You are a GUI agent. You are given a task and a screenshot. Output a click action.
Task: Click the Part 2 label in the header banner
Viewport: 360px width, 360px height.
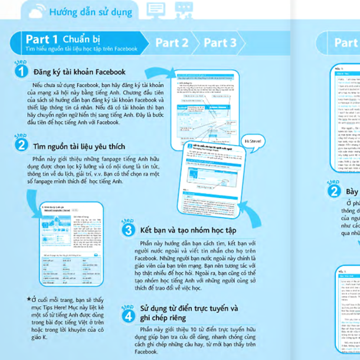pyautogui.click(x=171, y=43)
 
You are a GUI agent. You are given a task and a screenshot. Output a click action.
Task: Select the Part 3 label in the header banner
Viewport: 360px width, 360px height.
pyautogui.click(x=220, y=43)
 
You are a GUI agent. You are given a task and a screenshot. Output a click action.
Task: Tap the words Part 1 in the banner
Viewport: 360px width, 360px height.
pyautogui.click(x=42, y=39)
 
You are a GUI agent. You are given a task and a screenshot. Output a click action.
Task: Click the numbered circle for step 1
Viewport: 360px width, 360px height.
pyautogui.click(x=21, y=72)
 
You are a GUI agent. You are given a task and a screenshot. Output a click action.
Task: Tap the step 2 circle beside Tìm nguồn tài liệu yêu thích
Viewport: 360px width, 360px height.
pyautogui.click(x=21, y=144)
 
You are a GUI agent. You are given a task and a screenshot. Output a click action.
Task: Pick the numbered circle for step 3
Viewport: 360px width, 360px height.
pyautogui.click(x=128, y=229)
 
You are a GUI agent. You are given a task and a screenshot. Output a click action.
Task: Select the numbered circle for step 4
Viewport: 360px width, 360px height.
pyautogui.click(x=128, y=315)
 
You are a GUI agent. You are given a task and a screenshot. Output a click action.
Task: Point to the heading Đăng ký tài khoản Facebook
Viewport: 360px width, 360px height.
pyautogui.click(x=79, y=72)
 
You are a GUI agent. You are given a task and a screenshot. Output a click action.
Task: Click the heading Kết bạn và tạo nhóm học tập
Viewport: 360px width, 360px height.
pyautogui.click(x=188, y=230)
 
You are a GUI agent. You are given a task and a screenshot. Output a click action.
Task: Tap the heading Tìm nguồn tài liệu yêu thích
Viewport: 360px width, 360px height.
pyautogui.click(x=79, y=146)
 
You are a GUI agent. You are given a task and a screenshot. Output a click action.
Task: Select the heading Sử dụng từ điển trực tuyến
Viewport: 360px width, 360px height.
pyautogui.click(x=189, y=308)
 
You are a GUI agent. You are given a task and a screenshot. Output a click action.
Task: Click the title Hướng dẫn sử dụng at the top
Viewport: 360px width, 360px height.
pyautogui.click(x=92, y=10)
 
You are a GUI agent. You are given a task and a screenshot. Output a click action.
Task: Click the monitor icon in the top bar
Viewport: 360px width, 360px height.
pyautogui.click(x=156, y=10)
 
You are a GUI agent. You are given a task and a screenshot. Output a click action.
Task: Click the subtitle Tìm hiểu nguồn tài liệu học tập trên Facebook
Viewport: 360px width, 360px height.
pyautogui.click(x=81, y=49)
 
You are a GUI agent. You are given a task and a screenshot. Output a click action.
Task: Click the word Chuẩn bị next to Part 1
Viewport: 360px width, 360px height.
pyautogui.click(x=85, y=38)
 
